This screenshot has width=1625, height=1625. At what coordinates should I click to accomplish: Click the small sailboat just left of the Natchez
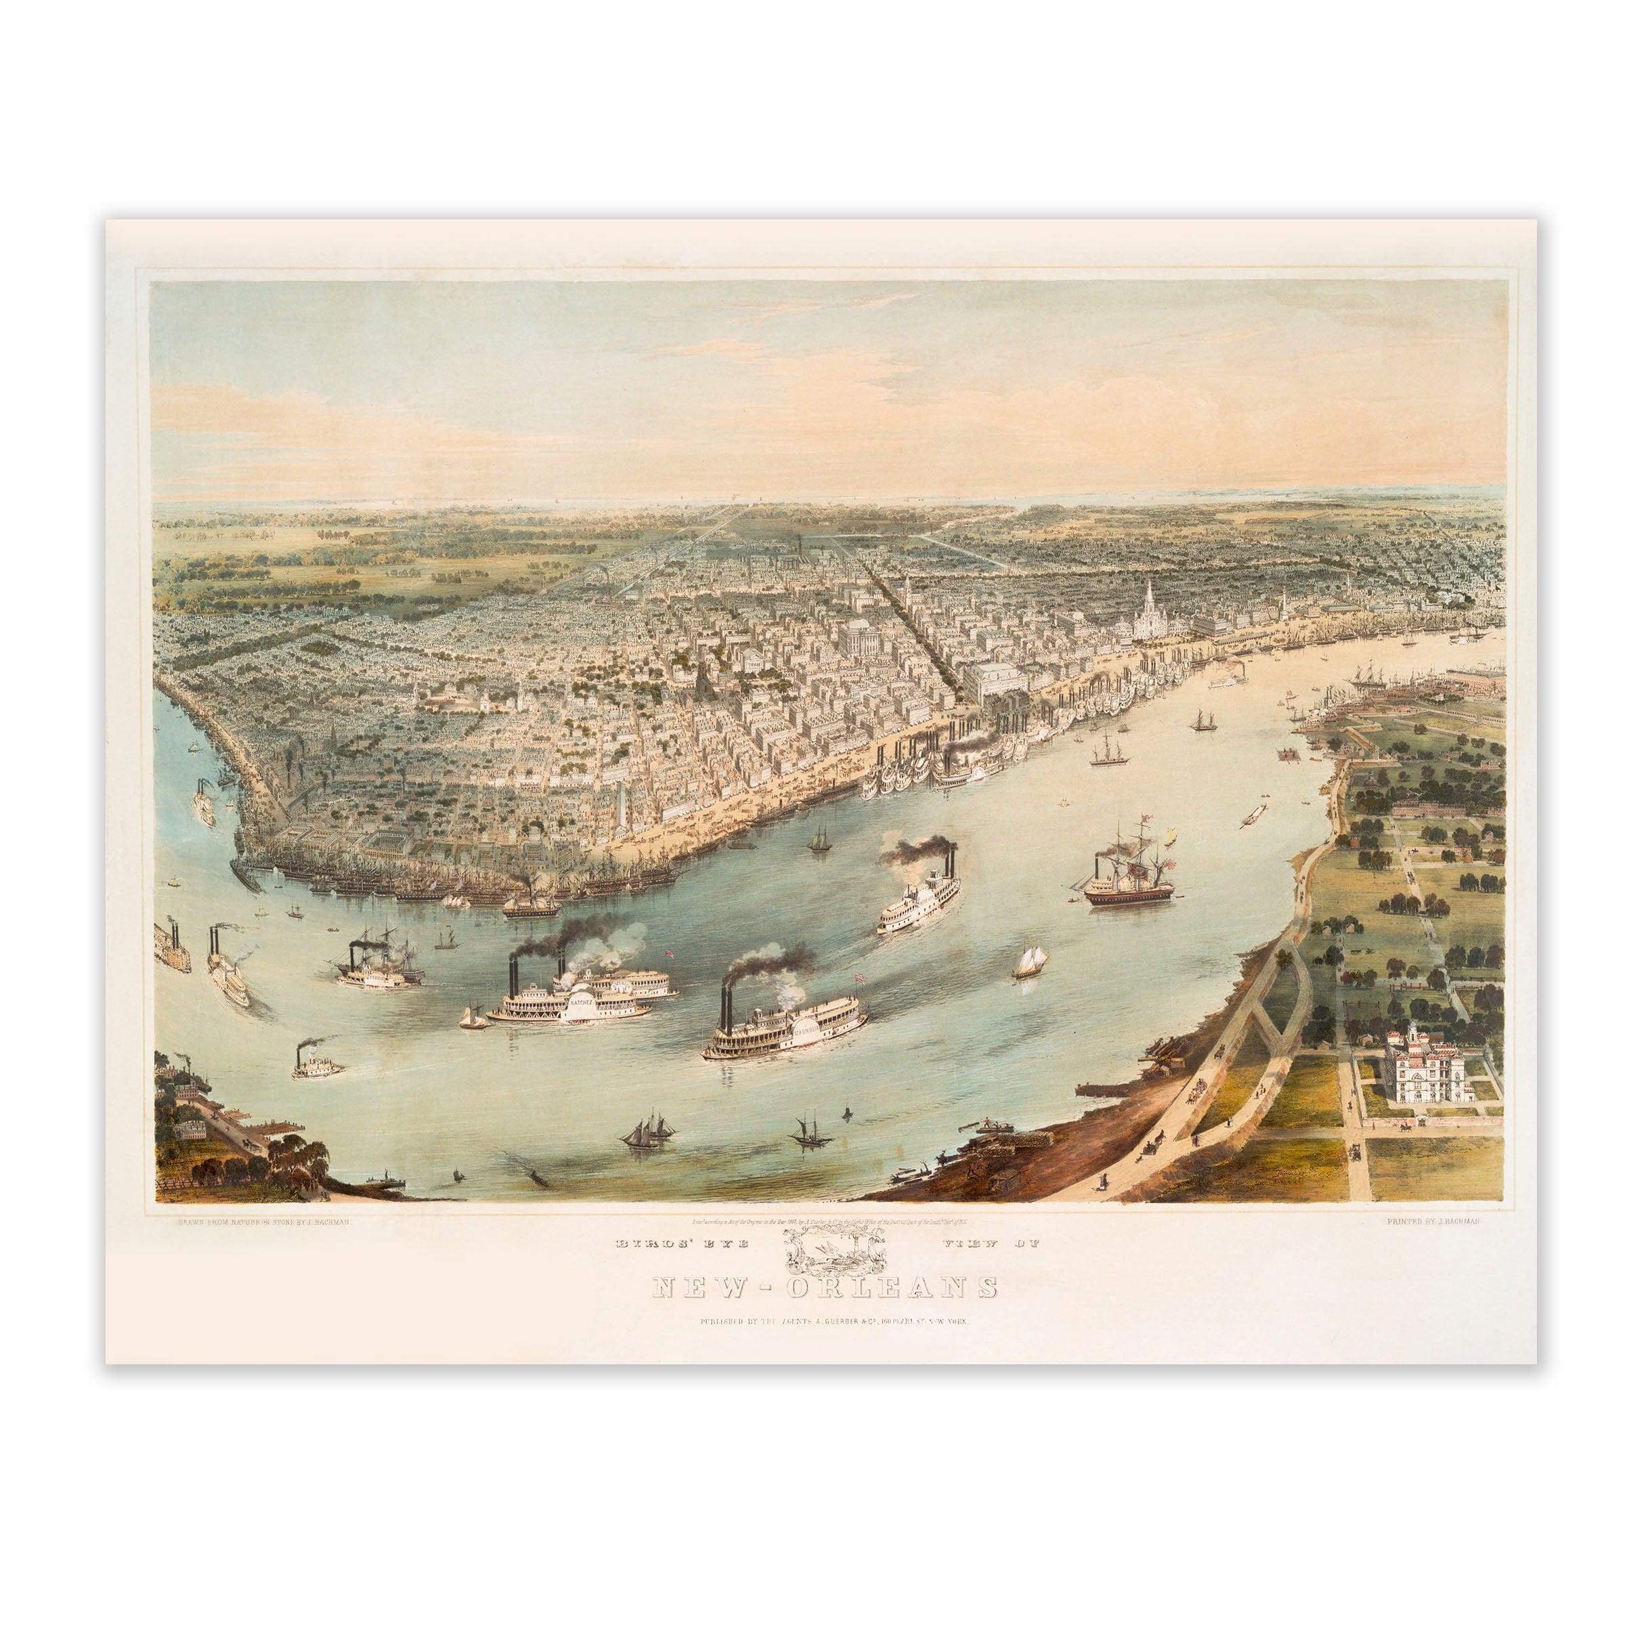click(472, 1018)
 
